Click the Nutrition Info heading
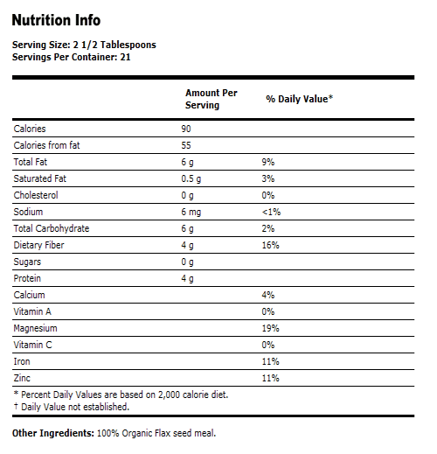[56, 20]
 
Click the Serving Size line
[85, 45]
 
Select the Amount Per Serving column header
[211, 99]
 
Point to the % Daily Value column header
[300, 99]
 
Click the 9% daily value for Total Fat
[269, 163]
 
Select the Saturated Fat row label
[41, 179]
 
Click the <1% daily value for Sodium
[271, 212]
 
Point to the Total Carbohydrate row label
[52, 228]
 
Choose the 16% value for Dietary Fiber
[271, 245]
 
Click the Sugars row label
[29, 262]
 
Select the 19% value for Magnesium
[271, 328]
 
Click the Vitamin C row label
[34, 345]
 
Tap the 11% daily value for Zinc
[271, 378]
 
